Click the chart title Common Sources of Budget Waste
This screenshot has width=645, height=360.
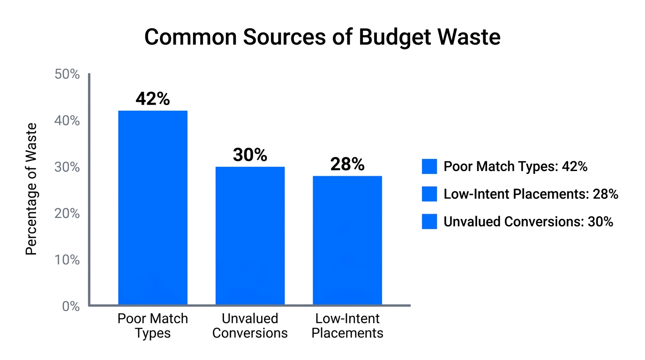322,37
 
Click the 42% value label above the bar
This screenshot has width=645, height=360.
153,99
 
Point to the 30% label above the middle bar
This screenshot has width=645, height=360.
250,155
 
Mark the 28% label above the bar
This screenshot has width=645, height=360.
347,165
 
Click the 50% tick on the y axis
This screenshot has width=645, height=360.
67,75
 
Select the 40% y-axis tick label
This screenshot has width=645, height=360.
67,121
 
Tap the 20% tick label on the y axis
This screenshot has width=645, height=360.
67,214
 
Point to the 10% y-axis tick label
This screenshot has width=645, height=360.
67,260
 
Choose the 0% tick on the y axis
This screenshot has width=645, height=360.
70,307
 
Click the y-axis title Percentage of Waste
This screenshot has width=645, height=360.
31,189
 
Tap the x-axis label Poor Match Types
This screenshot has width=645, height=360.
153,326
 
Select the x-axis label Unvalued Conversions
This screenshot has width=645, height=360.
250,326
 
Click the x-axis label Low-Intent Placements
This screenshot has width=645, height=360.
347,326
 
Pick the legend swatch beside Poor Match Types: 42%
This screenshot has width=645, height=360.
429,166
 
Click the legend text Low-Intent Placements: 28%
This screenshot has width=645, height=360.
531,194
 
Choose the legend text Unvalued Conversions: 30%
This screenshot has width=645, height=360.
528,222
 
